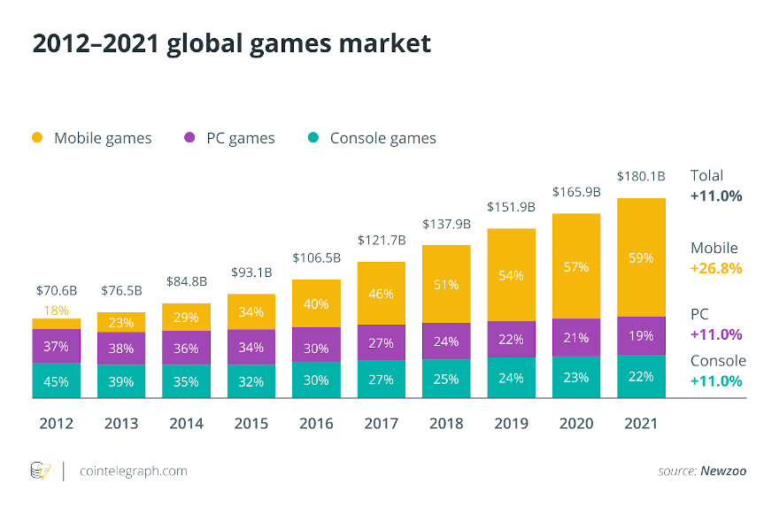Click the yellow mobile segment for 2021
[641, 257]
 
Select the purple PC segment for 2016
[316, 349]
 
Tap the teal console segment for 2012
[57, 381]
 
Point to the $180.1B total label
[641, 175]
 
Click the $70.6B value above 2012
[57, 289]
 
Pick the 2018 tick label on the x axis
[446, 424]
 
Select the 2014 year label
[186, 424]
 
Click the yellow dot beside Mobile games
[37, 138]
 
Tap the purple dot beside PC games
[189, 138]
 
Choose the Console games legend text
[382, 138]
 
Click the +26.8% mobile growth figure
[716, 268]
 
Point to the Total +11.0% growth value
[716, 196]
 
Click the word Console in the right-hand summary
[718, 360]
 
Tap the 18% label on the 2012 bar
[57, 310]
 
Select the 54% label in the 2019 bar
[511, 275]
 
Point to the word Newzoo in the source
[722, 471]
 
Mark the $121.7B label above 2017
[381, 240]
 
